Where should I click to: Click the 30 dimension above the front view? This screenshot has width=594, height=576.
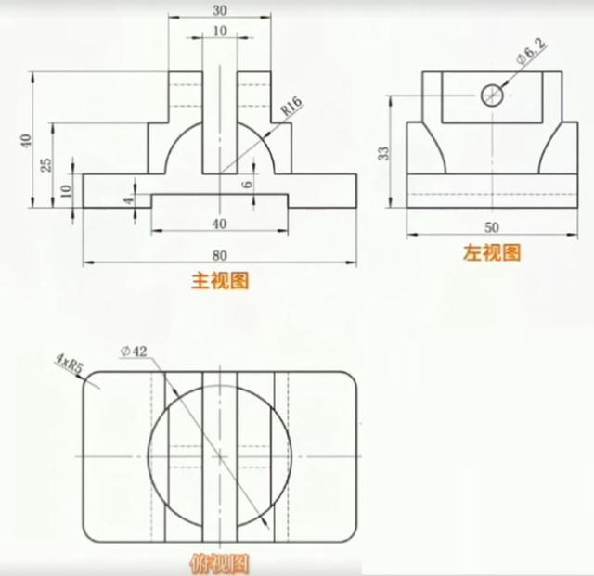(x=220, y=10)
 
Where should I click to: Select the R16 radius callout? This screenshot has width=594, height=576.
(x=291, y=106)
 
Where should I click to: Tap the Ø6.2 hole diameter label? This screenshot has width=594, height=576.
(x=532, y=52)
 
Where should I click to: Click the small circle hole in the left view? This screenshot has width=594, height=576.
(x=492, y=95)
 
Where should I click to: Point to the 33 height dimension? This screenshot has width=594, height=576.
(x=383, y=153)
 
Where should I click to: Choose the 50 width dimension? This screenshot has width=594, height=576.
(x=492, y=227)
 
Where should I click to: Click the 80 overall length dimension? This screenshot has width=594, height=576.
(x=220, y=256)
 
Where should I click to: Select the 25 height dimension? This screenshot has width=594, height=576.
(x=46, y=165)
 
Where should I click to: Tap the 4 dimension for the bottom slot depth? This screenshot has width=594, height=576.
(x=130, y=199)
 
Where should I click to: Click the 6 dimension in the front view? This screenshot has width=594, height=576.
(x=247, y=184)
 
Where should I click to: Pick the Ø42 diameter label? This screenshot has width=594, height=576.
(x=134, y=352)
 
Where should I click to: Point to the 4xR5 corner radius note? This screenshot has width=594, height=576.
(x=70, y=363)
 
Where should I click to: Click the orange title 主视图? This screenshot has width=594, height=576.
(x=220, y=281)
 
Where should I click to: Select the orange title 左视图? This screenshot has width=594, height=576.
(x=492, y=252)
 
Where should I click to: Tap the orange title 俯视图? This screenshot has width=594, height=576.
(x=220, y=565)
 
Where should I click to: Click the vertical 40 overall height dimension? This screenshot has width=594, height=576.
(x=26, y=141)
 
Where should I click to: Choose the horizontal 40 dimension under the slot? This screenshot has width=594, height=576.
(x=220, y=224)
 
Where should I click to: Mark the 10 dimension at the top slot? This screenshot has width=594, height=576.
(x=220, y=31)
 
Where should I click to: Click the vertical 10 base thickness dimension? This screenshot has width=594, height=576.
(x=66, y=190)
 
